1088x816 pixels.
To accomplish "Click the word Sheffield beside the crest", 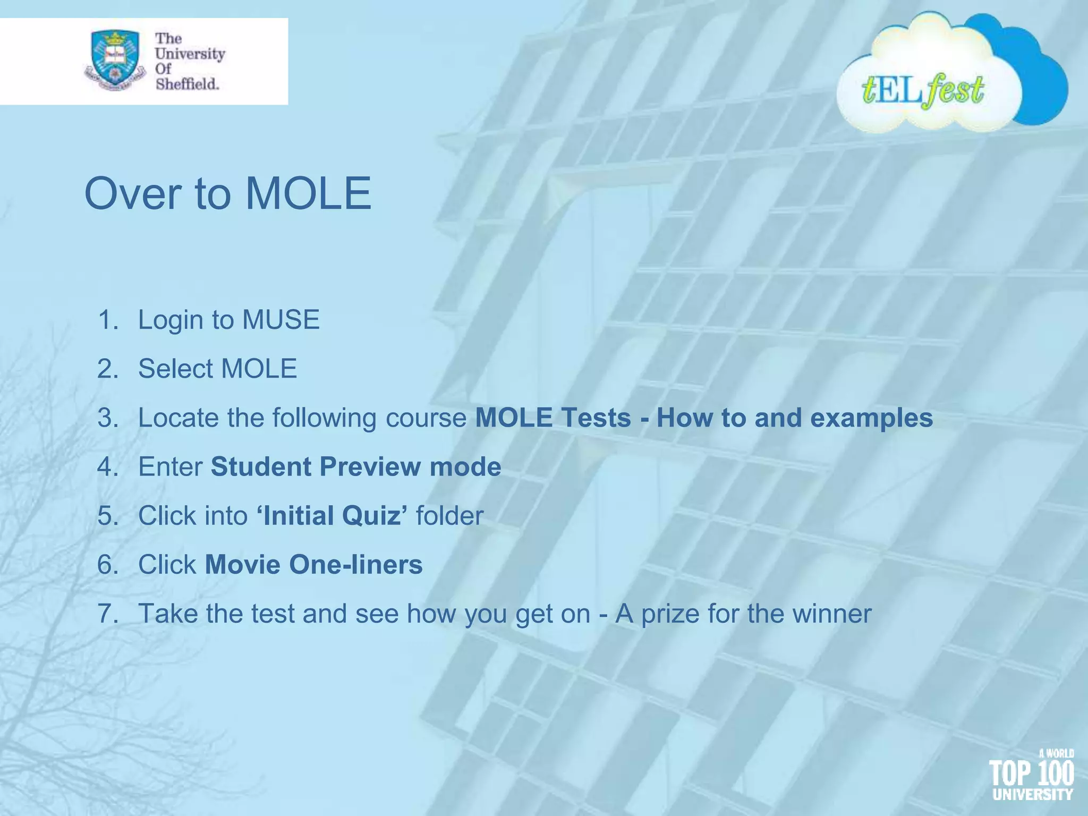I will (187, 84).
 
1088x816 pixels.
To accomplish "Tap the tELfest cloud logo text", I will (923, 90).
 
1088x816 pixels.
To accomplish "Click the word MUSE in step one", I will (281, 320).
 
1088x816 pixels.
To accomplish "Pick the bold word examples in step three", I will (871, 418).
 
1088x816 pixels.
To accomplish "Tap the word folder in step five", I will (449, 515).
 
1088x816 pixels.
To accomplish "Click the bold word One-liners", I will (356, 564).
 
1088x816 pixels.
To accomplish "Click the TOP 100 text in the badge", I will (1031, 773).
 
